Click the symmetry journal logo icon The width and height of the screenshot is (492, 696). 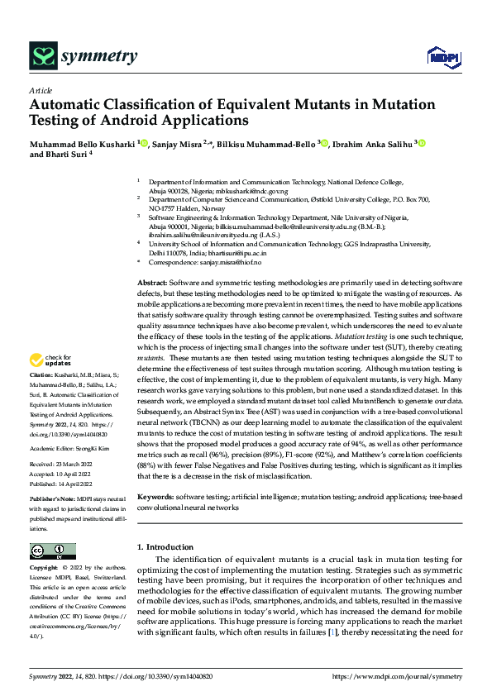point(42,55)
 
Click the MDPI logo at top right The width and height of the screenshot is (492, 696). point(443,56)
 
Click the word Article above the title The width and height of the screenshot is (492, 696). point(41,90)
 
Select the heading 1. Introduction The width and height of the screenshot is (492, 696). point(164,547)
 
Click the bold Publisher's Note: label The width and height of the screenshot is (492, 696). point(52,501)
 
